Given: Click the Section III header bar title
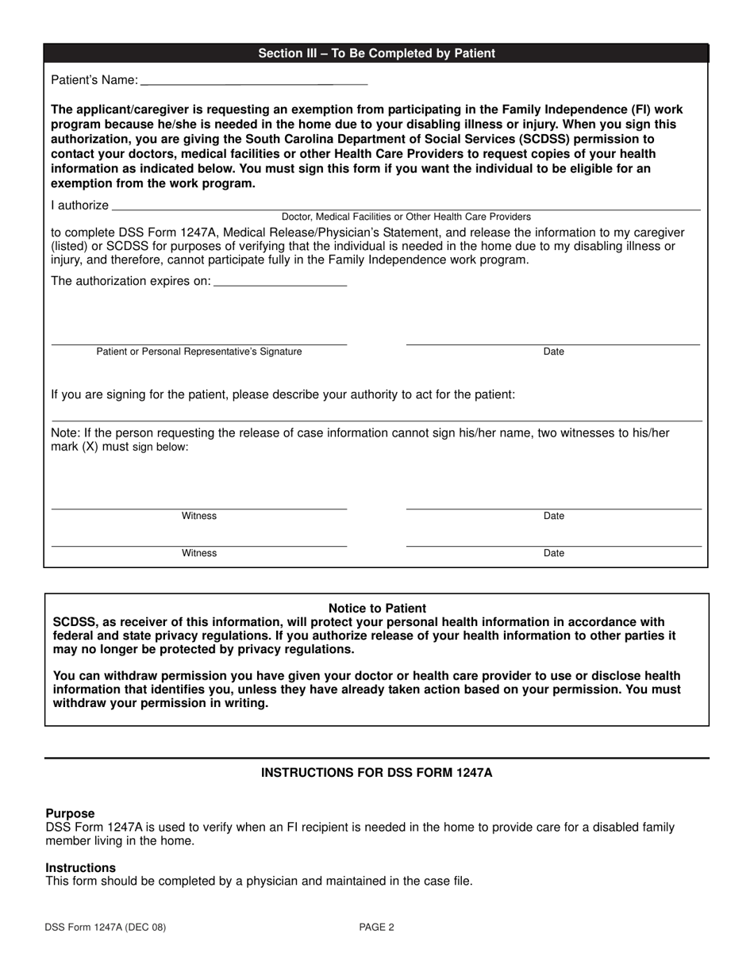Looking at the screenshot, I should pyautogui.click(x=376, y=53).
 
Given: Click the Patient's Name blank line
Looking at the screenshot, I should pyautogui.click(x=254, y=83).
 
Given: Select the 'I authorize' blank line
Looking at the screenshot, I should pyautogui.click(x=406, y=208).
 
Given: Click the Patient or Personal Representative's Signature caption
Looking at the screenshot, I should pyautogui.click(x=199, y=352).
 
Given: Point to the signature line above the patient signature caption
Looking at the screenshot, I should pyautogui.click(x=199, y=344).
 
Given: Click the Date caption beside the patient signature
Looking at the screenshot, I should pyautogui.click(x=553, y=352).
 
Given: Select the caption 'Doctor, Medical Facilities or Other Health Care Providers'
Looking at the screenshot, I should pyautogui.click(x=406, y=217).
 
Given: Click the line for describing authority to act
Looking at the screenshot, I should pyautogui.click(x=377, y=419).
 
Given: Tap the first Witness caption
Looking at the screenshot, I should pyautogui.click(x=199, y=516).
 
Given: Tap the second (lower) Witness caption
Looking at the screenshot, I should pyautogui.click(x=199, y=553).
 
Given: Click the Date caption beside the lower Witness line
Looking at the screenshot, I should pyautogui.click(x=553, y=553).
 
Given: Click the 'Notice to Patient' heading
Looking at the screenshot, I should pyautogui.click(x=377, y=609).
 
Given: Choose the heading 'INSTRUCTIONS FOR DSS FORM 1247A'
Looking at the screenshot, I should pyautogui.click(x=377, y=772).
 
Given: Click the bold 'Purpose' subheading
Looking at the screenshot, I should pyautogui.click(x=70, y=813).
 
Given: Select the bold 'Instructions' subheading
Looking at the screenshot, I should pyautogui.click(x=80, y=867).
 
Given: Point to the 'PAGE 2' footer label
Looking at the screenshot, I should pyautogui.click(x=376, y=927).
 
